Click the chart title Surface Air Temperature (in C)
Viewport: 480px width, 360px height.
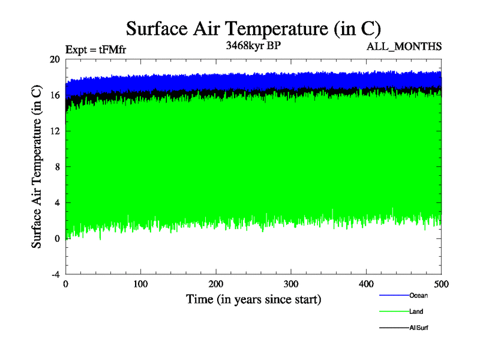[x=253, y=28]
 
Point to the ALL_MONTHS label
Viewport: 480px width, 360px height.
[x=404, y=46]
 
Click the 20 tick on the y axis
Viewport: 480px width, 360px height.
[x=55, y=59]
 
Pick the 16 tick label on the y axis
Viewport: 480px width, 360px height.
[x=55, y=95]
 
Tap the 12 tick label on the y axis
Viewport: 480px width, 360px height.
[x=55, y=131]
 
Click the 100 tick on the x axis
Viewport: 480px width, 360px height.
[x=141, y=283]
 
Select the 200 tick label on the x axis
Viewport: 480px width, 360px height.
[x=216, y=283]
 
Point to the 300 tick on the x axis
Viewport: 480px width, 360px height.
[x=291, y=283]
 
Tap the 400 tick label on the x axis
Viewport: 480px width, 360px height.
[x=366, y=283]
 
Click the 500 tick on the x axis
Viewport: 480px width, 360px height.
[x=441, y=283]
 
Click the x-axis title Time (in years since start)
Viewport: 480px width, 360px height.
[x=253, y=299]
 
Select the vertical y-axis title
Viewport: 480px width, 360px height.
[x=37, y=167]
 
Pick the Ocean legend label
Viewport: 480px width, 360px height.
[x=419, y=295]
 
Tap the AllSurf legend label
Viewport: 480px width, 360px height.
[x=419, y=328]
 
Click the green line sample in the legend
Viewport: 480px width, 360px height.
[x=394, y=312]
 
